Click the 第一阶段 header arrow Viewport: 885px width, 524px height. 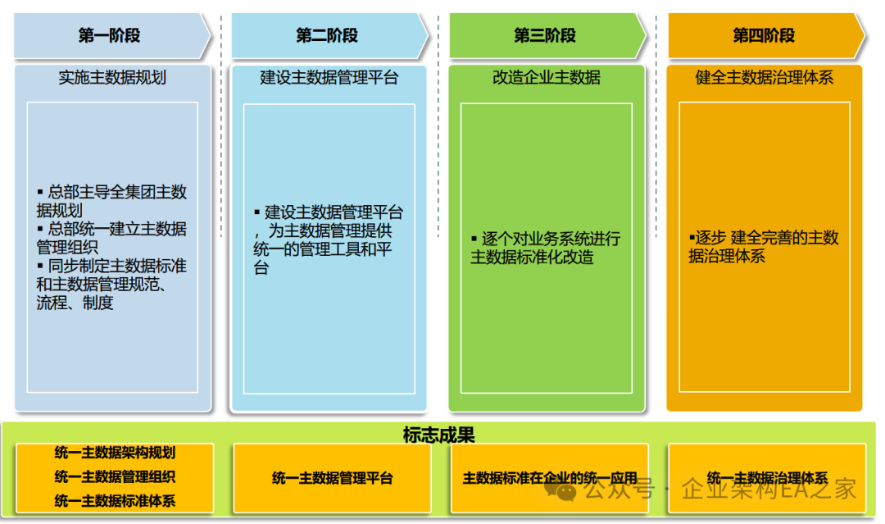coord(110,35)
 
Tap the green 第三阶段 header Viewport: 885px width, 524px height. coord(546,35)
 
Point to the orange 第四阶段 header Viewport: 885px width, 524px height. coord(764,35)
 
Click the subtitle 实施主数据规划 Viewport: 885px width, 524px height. coord(112,78)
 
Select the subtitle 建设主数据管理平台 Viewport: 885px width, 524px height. coord(329,78)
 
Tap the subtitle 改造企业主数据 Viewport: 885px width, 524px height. coord(547,78)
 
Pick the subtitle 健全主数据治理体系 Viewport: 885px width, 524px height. coord(765,78)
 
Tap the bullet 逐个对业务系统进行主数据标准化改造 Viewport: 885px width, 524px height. coord(546,248)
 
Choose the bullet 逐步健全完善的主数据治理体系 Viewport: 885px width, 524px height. coord(764,247)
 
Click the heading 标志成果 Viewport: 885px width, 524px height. coord(439,435)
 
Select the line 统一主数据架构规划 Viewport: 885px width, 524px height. coord(115,453)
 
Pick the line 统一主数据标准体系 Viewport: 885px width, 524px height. coord(115,500)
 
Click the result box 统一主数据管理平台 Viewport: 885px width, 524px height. coord(332,478)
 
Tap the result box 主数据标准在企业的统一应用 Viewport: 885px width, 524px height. coord(550,478)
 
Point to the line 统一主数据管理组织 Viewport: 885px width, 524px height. coord(115,476)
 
